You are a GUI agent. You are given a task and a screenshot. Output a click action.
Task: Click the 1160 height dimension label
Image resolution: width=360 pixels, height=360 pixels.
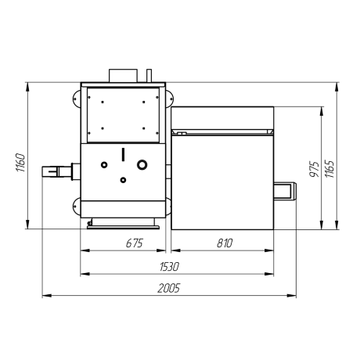[x=21, y=163]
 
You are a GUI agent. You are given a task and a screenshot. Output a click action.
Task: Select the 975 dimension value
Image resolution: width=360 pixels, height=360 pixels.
[x=315, y=169]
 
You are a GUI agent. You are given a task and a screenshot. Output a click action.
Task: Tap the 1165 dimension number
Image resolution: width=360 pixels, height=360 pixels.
[x=329, y=169]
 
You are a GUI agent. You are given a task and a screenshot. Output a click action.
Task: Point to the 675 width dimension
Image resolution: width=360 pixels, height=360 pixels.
[x=135, y=243]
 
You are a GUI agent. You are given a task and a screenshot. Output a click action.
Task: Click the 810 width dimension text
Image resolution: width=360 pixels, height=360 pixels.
[x=225, y=243]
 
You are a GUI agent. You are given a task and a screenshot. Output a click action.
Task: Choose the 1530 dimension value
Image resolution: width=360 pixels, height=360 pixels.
[x=169, y=267]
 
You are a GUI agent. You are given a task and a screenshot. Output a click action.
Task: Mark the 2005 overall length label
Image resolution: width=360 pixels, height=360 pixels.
[x=169, y=288]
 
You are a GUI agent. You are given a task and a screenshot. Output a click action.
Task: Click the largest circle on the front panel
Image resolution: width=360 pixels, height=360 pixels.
[x=142, y=164]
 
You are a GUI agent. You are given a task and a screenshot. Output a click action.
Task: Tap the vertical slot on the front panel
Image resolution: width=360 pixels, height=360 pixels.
[x=123, y=154]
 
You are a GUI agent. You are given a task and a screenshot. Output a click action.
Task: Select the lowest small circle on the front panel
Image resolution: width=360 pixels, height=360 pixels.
[x=123, y=180]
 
